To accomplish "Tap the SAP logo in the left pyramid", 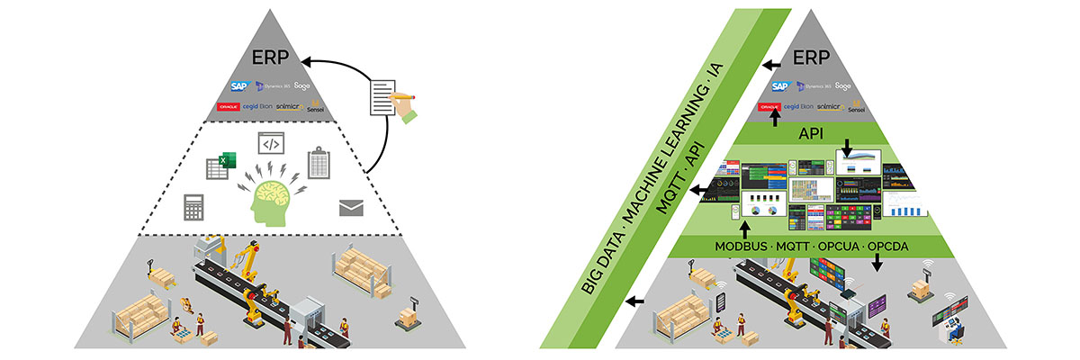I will coord(238,86).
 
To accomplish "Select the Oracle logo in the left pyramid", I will coord(229,107).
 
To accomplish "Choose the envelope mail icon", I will coord(351,208).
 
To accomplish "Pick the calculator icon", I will coord(193,206).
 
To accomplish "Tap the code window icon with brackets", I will coord(272,143).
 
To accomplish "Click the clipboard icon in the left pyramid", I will coord(320,164).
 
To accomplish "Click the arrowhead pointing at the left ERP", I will coord(305,62).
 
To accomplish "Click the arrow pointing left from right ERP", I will coord(773,65).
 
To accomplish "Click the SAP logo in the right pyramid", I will coord(779,86).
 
